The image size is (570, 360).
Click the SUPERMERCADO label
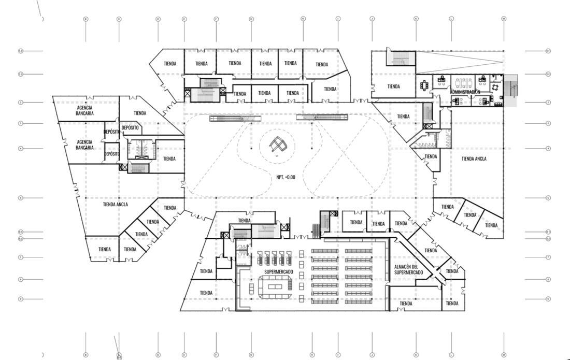coord(279,272)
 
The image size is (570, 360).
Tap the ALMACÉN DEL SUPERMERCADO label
coord(408,270)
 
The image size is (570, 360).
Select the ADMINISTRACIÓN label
coord(465,92)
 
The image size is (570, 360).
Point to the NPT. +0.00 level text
coord(286,177)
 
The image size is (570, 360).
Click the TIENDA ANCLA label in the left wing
coord(115,205)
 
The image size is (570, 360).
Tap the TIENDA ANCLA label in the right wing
coord(474,159)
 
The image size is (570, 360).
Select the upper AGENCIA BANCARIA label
coord(84,111)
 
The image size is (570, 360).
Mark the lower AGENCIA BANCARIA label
coord(84,145)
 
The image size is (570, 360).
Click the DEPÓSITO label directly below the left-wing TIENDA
coord(130,127)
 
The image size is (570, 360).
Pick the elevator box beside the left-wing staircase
coord(123,167)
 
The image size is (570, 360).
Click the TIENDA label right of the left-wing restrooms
coord(169,159)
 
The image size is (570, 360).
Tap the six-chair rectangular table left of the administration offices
coord(425,84)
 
